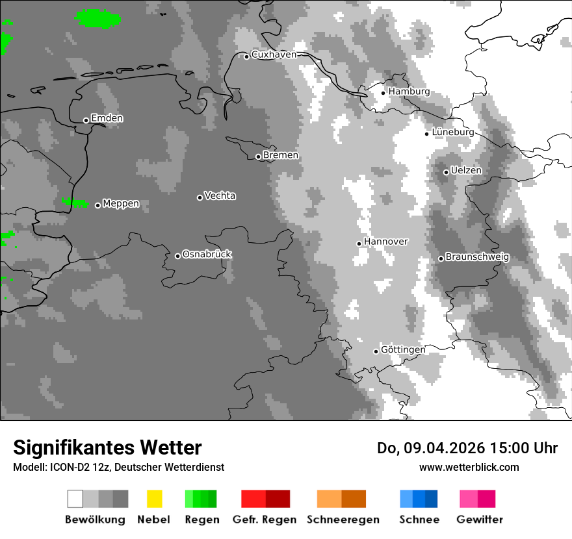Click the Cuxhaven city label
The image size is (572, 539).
pos(274,55)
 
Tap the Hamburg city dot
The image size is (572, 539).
pos(383,93)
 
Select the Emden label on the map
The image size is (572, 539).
pos(107,118)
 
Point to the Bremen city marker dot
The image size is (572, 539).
pos(258,157)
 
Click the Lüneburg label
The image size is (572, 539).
pos(452,132)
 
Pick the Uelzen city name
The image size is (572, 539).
pos(466,170)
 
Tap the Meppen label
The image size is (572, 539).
pos(121,204)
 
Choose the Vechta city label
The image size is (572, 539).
pos(220,195)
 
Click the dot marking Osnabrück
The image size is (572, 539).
pos(177,256)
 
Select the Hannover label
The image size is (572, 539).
pos(385,242)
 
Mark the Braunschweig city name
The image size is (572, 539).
pos(477,257)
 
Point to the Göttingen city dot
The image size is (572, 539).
pos(376,351)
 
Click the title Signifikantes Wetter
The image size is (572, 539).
pos(107,448)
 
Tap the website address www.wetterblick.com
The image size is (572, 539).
pos(469,467)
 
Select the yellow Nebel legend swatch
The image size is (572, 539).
pos(154,499)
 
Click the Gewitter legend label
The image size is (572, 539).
pos(479,520)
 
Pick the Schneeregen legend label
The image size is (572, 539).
pos(343,520)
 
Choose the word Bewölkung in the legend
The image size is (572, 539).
pos(95,520)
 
